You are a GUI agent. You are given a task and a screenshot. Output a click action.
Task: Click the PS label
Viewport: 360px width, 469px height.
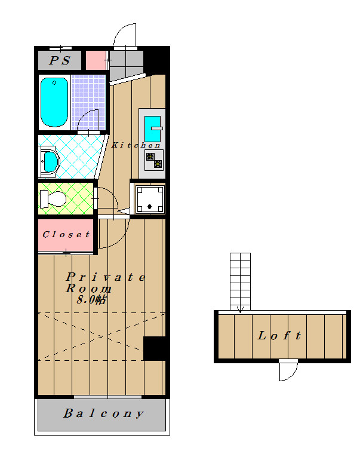60,61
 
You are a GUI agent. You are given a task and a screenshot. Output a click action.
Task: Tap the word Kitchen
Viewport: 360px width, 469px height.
136,145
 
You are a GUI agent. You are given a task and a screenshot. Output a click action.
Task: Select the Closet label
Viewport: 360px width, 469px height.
66,234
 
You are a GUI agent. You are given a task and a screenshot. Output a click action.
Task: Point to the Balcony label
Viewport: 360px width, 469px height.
103,413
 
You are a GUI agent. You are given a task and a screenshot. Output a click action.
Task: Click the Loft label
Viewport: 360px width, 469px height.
279,335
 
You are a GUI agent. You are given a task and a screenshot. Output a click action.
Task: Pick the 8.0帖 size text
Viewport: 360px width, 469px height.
91,299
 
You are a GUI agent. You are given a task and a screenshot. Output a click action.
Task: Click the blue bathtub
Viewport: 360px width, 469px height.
54,102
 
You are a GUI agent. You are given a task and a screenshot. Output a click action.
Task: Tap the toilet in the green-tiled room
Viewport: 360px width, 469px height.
53,198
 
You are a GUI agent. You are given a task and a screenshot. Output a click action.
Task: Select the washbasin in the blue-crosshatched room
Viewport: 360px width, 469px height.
50,162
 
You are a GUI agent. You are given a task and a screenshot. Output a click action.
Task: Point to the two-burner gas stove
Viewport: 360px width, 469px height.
154,160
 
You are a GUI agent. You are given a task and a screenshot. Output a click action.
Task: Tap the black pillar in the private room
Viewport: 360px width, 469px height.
154,348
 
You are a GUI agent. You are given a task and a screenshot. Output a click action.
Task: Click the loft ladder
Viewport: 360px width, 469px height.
240,281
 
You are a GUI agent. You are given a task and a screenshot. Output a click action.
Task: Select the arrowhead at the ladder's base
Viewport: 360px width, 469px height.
241,309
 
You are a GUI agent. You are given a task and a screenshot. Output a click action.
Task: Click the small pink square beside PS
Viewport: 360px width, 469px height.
96,60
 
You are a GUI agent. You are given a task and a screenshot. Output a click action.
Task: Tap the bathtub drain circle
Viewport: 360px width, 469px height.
54,83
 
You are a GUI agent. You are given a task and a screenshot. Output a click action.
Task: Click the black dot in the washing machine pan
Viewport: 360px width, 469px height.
149,206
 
